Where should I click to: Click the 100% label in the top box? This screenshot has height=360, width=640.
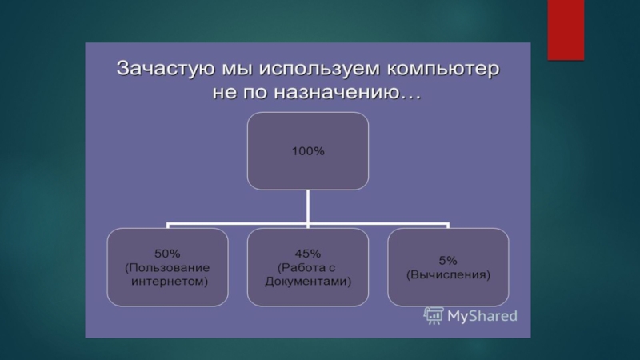click(308, 151)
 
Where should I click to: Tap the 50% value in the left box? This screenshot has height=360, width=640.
click(167, 254)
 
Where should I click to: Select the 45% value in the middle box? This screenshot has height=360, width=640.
click(308, 254)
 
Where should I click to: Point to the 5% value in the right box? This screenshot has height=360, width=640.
click(448, 261)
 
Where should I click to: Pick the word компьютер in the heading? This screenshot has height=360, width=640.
click(443, 69)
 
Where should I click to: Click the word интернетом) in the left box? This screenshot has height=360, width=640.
click(170, 282)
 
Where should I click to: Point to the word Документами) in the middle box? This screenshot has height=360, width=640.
click(308, 282)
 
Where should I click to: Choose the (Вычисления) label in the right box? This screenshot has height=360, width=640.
click(448, 274)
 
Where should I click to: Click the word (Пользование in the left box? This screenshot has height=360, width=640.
click(167, 268)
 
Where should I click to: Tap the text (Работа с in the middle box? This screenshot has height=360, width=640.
click(306, 268)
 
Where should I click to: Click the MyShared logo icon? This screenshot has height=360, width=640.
click(434, 316)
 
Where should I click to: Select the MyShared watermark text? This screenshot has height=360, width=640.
click(482, 316)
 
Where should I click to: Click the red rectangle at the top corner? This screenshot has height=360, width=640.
click(566, 30)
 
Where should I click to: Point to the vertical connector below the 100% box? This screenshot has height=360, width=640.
click(308, 206)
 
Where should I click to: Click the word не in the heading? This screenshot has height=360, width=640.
click(225, 93)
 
